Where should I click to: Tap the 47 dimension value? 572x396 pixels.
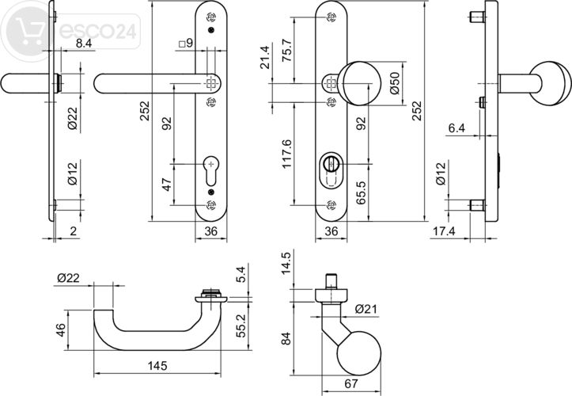pyautogui.click(x=167, y=185)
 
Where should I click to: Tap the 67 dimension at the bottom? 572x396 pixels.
pyautogui.click(x=350, y=383)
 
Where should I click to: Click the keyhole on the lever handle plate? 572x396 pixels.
pyautogui.click(x=210, y=167)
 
